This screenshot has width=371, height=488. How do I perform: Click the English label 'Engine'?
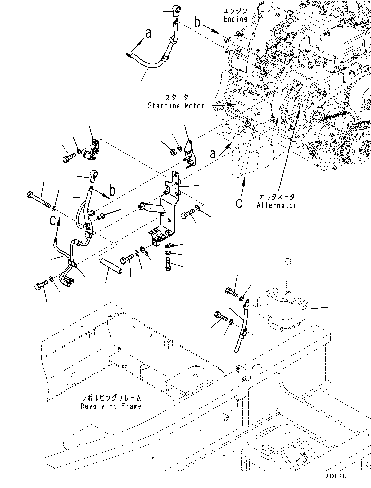pyautogui.click(x=235, y=19)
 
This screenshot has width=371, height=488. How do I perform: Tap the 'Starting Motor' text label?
pyautogui.click(x=176, y=106)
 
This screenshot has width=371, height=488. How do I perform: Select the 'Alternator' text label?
pyautogui.click(x=277, y=205)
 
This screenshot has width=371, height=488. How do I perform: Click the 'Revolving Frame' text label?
pyautogui.click(x=111, y=406)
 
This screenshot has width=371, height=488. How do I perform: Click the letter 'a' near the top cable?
pyautogui.click(x=148, y=33)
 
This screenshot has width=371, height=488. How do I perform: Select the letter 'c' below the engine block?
pyautogui.click(x=240, y=203)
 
